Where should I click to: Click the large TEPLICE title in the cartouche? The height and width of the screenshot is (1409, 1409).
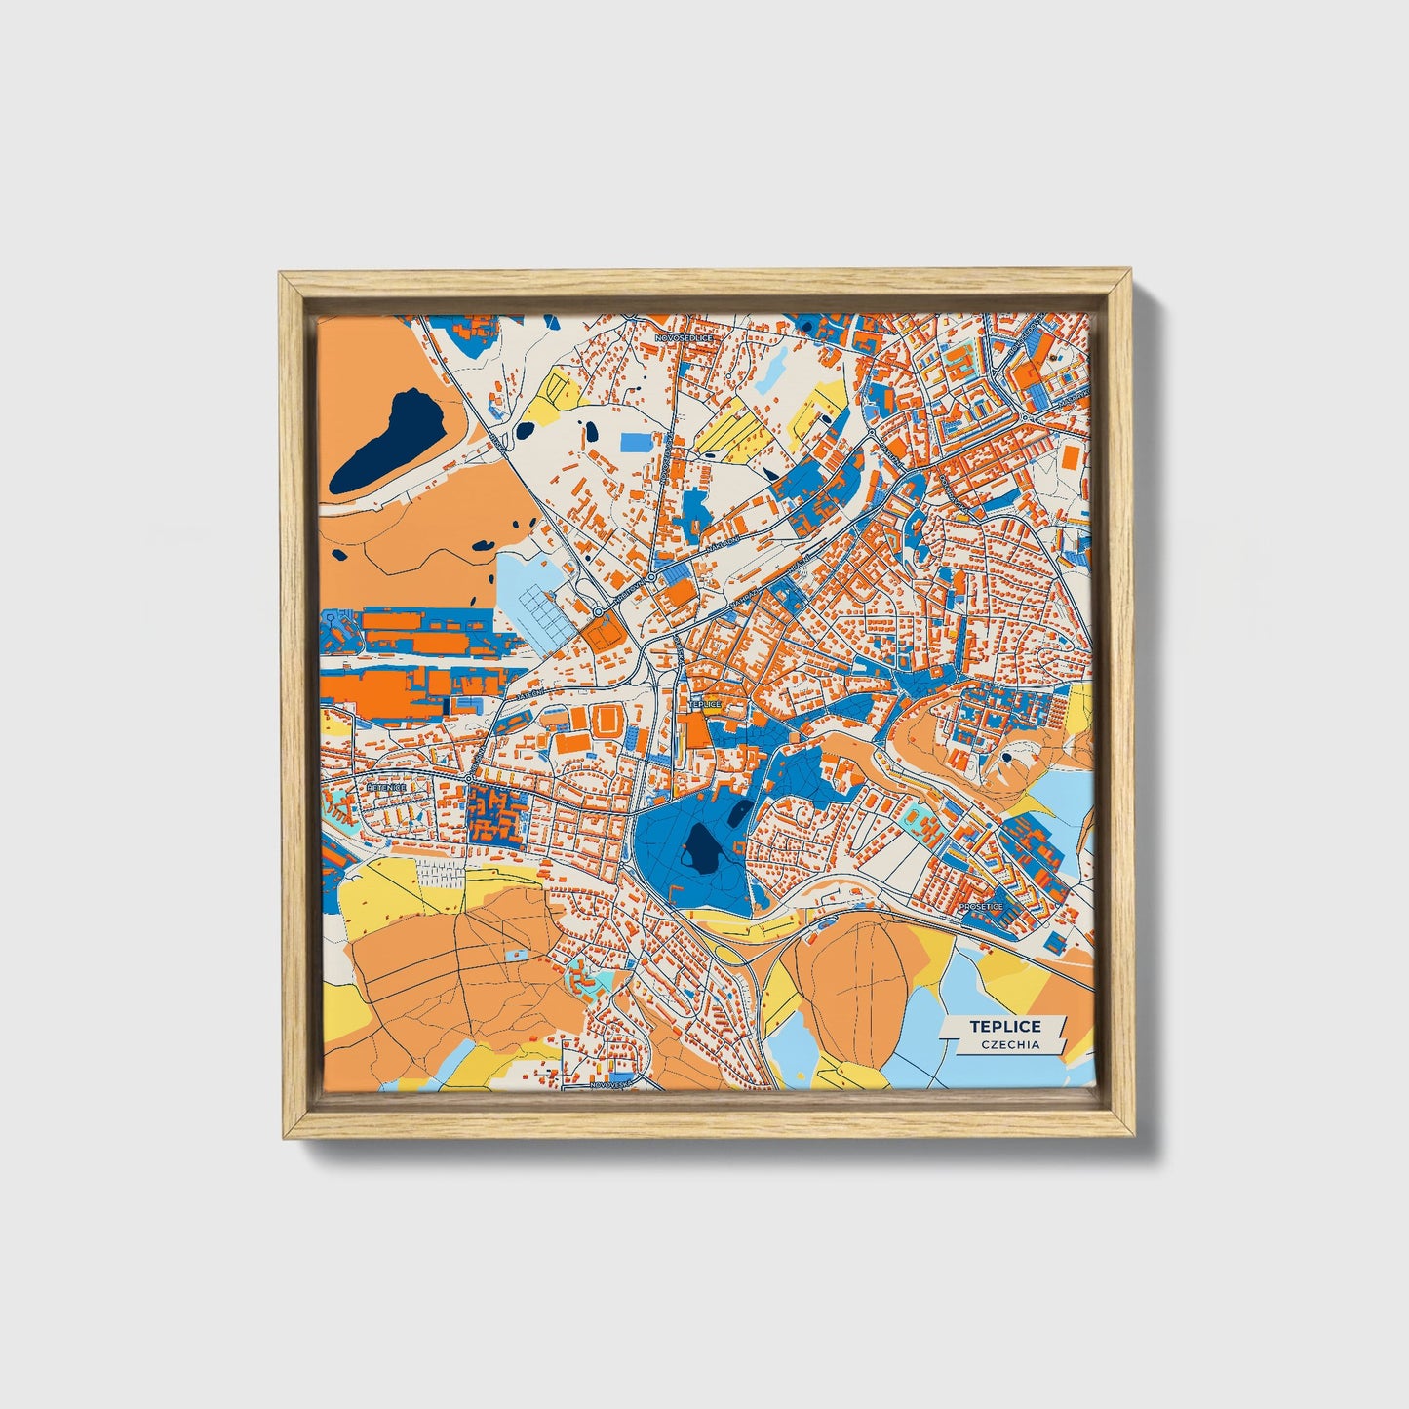click(x=1004, y=1026)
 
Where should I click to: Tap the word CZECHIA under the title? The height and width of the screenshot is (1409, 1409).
click(x=1004, y=1044)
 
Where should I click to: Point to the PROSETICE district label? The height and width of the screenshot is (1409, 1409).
click(x=980, y=906)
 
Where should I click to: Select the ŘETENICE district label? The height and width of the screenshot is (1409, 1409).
click(x=384, y=785)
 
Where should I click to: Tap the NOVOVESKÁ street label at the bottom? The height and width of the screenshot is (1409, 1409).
click(x=612, y=1082)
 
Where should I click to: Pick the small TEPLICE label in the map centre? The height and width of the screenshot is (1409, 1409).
click(x=704, y=703)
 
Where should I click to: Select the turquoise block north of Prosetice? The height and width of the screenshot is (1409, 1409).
click(x=917, y=821)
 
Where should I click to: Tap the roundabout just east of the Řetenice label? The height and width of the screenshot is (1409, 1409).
click(x=469, y=778)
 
